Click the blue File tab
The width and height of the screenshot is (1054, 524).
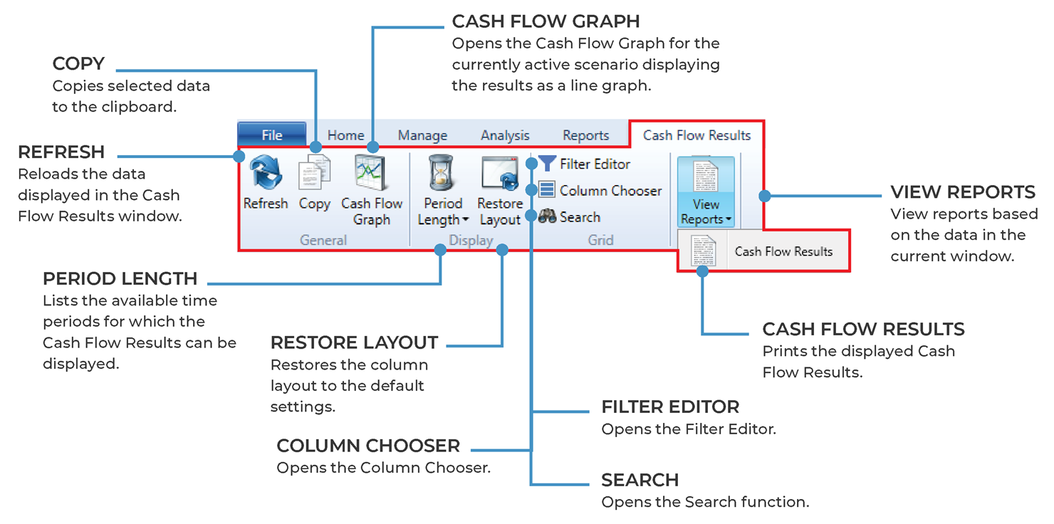pos(272,135)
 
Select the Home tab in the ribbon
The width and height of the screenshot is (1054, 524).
pos(345,135)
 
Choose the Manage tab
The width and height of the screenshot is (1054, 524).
pos(422,135)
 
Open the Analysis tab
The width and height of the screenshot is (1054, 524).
pos(505,135)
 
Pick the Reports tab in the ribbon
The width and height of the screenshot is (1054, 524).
pos(585,135)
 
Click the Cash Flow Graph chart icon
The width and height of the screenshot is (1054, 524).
pos(371,173)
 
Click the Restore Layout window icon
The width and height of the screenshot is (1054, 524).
pos(500,173)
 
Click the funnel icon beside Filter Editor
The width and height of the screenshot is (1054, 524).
pos(547,164)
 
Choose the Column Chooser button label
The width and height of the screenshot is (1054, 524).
pos(610,191)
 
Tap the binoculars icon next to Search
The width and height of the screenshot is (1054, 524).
pos(547,217)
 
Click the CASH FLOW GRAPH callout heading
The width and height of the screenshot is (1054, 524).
pos(546,21)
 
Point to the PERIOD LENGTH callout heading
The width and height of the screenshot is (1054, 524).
pos(120,278)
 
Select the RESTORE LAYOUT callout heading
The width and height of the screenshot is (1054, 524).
pos(354,342)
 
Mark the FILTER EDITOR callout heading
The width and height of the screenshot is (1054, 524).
pos(670,407)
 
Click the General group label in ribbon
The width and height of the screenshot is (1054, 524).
pos(323,240)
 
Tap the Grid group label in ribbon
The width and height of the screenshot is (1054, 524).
pos(600,240)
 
